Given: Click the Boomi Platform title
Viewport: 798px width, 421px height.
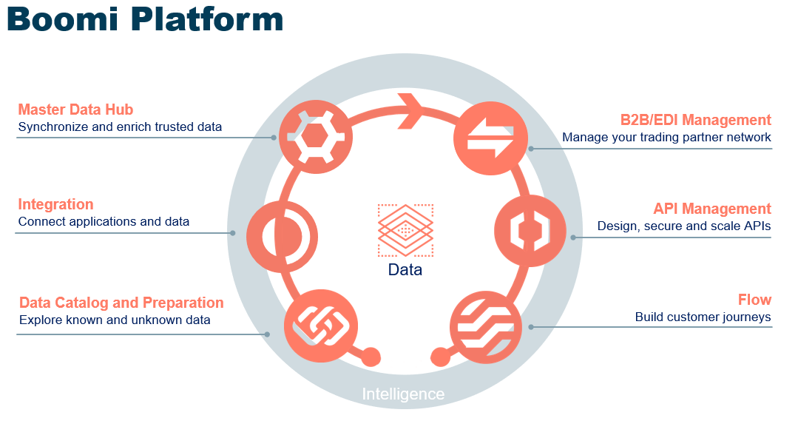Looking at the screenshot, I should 145,19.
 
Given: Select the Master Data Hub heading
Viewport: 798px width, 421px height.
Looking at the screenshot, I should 75,110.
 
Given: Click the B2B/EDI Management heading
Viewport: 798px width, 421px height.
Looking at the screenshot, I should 695,120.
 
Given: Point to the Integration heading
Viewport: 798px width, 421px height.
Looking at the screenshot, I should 55,204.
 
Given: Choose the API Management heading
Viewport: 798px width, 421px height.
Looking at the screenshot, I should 711,209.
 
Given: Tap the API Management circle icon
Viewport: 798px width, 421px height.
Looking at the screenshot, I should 530,232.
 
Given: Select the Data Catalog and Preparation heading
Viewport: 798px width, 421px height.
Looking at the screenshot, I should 121,303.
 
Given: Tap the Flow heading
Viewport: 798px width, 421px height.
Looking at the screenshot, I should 754,300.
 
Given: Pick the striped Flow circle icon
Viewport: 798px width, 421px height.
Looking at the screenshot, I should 486,326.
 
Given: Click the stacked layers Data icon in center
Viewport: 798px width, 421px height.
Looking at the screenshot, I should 405,230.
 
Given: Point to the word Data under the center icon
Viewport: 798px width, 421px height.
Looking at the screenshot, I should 405,270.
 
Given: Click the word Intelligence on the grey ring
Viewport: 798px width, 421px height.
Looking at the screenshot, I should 403,394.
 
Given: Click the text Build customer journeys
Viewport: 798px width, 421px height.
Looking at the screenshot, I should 703,317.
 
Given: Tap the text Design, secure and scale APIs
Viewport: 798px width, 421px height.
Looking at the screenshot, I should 684,226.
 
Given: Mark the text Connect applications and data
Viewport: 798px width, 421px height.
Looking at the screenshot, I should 104,221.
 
